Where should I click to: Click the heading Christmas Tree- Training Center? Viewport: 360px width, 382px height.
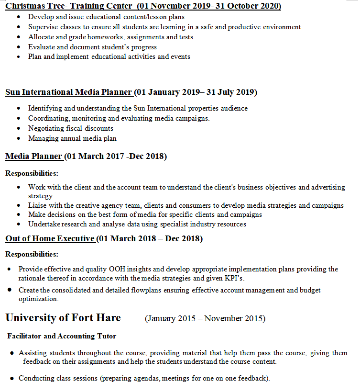pos(68,6)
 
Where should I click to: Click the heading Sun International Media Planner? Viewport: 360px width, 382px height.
pos(68,92)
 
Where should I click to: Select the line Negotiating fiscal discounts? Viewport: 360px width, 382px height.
pos(70,128)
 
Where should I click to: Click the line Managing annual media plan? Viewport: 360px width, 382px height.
pos(72,138)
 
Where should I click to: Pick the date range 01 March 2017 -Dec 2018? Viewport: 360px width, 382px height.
pos(116,156)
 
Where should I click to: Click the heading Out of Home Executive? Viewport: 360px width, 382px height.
pos(50,238)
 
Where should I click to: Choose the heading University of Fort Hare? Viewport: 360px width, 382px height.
pos(63,317)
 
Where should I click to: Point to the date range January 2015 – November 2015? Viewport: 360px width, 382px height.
pos(206,318)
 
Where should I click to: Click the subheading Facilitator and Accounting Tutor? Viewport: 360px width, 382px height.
pos(62,336)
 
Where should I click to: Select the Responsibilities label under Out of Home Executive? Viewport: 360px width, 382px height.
pos(32,254)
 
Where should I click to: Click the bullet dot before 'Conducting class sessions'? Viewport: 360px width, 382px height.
pos(11,378)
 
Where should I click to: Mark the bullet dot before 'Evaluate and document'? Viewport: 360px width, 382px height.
pos(18,47)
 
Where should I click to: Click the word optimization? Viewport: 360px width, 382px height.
pos(38,299)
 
